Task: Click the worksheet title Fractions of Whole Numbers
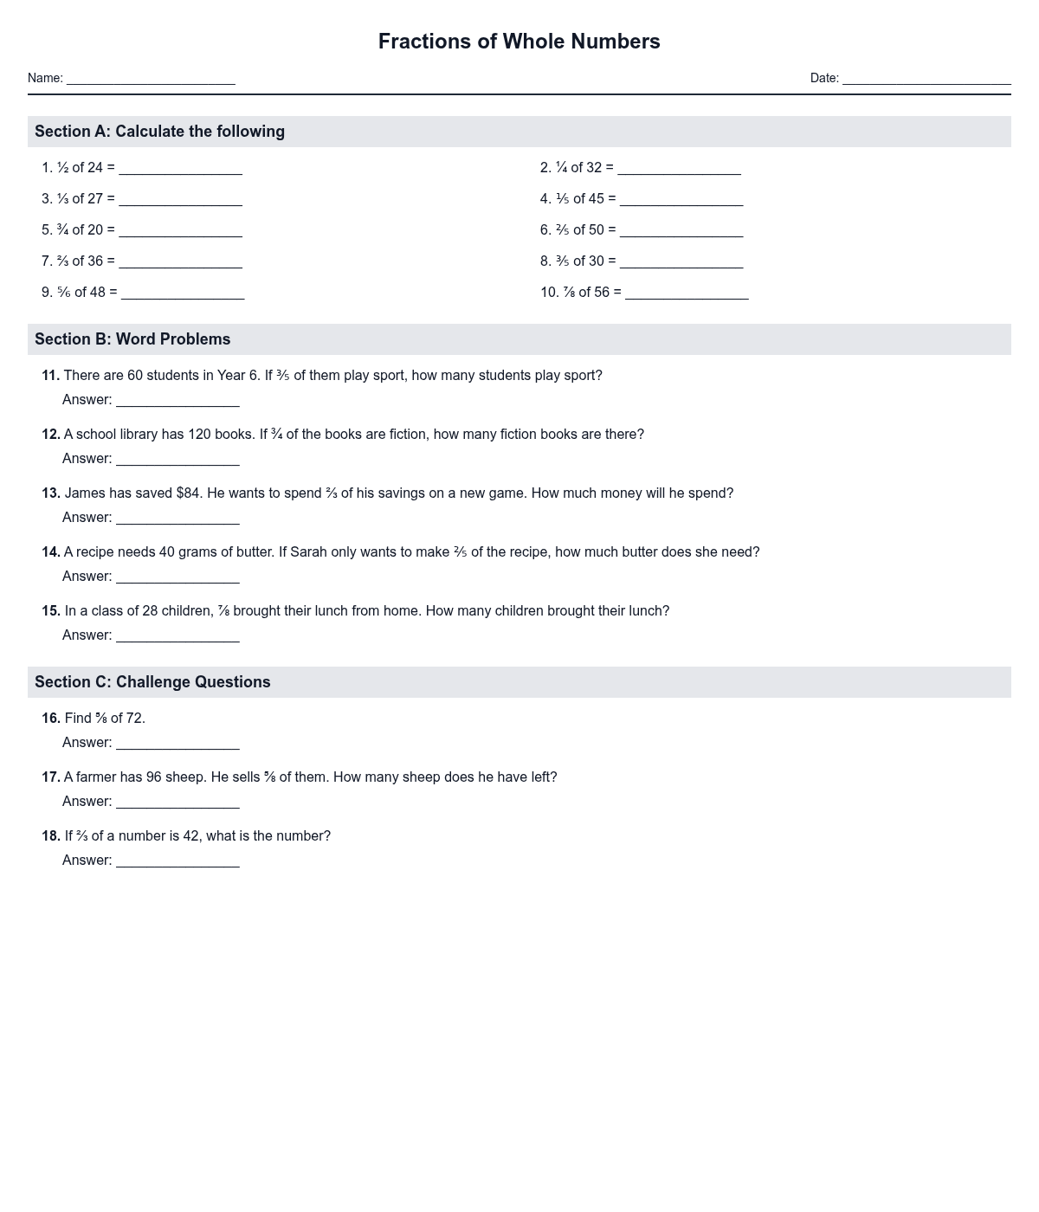click(x=519, y=42)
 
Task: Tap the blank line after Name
click(x=151, y=79)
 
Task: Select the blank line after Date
click(x=926, y=79)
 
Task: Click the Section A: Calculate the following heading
click(x=159, y=132)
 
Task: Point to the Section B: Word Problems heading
click(x=132, y=339)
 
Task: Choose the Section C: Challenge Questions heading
click(x=152, y=682)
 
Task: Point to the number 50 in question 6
click(x=596, y=230)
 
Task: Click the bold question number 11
click(x=50, y=376)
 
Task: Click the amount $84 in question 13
click(x=189, y=493)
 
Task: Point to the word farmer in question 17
click(x=98, y=777)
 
